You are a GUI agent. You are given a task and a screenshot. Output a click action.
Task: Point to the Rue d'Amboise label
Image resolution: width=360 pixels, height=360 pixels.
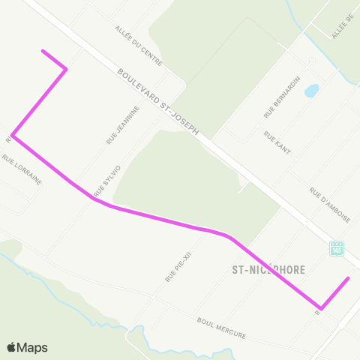(329, 205)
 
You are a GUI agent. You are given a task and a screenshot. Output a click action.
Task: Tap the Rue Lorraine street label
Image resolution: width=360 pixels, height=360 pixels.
(22, 170)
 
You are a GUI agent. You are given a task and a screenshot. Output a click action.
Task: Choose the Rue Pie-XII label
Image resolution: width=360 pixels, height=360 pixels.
(174, 262)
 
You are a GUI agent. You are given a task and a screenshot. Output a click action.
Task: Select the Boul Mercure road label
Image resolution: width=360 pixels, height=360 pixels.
(221, 328)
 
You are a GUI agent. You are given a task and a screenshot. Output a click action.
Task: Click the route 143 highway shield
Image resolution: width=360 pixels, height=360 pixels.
(336, 247)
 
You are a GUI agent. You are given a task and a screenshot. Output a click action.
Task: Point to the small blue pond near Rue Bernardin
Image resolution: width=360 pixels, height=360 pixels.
(311, 91)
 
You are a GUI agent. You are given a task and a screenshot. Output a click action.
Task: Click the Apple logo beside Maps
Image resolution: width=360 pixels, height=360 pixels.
(11, 348)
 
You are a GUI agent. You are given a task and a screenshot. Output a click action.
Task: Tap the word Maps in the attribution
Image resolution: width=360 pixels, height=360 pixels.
(33, 348)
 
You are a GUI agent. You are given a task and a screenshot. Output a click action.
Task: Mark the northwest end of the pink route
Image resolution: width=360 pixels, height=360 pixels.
(43, 51)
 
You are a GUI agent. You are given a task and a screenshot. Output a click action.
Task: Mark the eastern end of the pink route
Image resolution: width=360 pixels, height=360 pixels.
(349, 278)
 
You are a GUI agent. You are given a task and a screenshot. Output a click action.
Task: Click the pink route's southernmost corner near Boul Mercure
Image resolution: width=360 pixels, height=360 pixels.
(321, 308)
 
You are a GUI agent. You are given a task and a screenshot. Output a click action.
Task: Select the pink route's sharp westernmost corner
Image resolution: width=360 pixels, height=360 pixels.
(13, 136)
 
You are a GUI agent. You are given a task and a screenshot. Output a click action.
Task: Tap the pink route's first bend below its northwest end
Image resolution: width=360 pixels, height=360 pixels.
(67, 69)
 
